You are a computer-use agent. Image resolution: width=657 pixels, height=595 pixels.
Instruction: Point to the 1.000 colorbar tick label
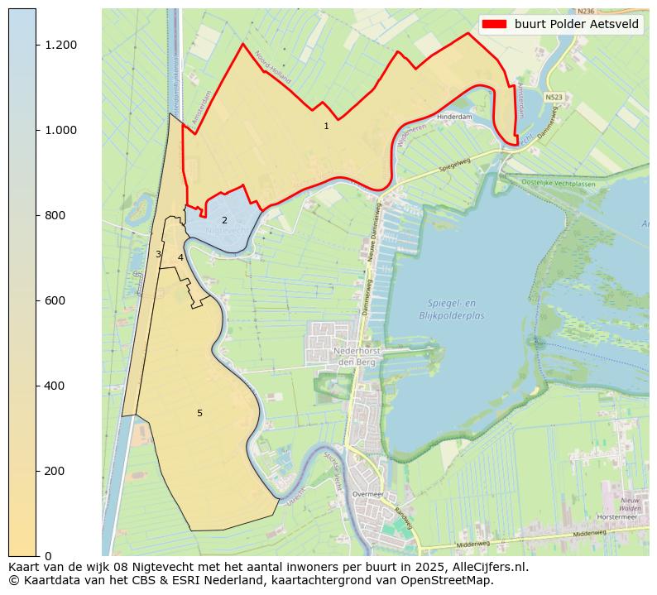(x=61, y=130)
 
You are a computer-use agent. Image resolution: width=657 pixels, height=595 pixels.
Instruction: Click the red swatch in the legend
(x=496, y=24)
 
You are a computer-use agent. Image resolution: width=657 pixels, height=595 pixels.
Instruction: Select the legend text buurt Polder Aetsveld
(x=577, y=24)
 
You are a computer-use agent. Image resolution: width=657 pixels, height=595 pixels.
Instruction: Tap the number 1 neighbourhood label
(x=326, y=127)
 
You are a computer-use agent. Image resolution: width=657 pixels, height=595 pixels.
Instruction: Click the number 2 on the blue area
(x=224, y=221)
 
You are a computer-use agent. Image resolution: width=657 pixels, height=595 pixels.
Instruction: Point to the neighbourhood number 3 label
(x=158, y=255)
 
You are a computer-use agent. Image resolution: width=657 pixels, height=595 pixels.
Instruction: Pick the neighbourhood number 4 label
(x=180, y=258)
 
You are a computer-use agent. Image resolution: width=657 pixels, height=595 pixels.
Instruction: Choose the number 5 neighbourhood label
(x=199, y=413)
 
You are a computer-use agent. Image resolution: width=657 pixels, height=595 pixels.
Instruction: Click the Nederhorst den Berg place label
(x=355, y=356)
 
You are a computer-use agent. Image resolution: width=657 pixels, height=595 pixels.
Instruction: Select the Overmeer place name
(x=367, y=494)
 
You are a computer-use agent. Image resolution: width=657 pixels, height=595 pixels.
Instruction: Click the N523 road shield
(x=554, y=97)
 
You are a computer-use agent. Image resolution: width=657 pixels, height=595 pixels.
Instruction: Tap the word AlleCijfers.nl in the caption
(x=485, y=567)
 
